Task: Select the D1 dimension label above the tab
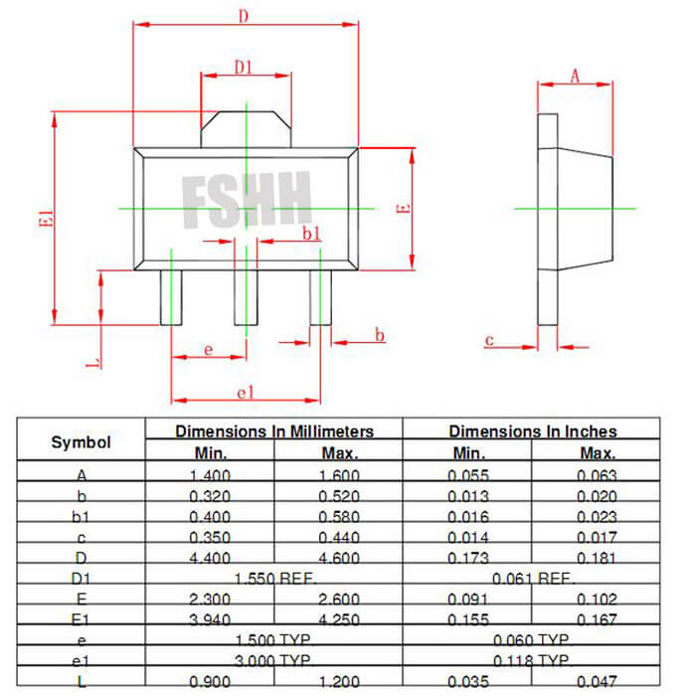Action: point(244,68)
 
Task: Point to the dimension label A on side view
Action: point(575,77)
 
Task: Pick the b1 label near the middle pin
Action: point(311,234)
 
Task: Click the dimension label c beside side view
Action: point(489,340)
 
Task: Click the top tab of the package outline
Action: point(245,129)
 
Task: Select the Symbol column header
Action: point(82,442)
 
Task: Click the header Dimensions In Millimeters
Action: point(274,431)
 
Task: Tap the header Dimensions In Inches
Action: point(532,431)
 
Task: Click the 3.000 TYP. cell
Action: point(274,659)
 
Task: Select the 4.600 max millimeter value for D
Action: point(339,557)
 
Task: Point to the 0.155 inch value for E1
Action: point(468,619)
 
